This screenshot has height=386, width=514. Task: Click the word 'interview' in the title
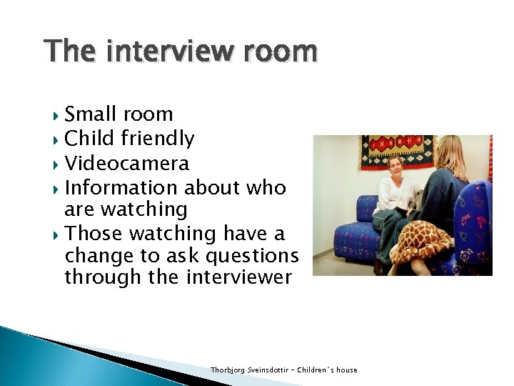168,52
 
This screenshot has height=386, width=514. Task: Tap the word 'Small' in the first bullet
92,114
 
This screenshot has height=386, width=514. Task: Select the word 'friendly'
157,139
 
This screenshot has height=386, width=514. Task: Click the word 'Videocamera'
126,164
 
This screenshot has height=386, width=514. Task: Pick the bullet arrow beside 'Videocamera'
56,164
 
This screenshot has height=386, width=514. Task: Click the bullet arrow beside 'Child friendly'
56,139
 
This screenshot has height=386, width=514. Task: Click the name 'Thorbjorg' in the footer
227,370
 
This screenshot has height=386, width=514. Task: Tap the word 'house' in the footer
346,370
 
